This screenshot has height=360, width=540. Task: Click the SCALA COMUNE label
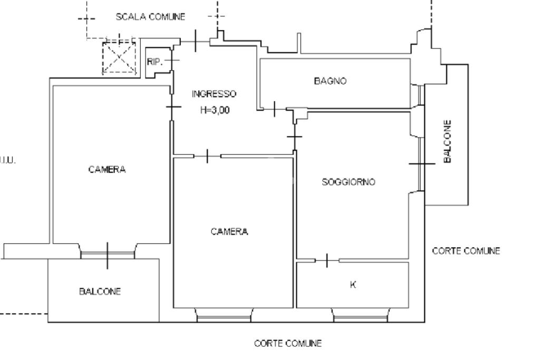pos(150,17)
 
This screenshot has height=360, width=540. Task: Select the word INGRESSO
pos(214,94)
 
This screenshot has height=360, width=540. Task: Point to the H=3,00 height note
pos(215,110)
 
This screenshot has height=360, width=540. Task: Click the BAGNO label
pos(330,81)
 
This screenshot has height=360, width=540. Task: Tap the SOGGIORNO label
pos(349,182)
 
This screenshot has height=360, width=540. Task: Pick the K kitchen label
pos(353,285)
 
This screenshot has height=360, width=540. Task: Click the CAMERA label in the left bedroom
pos(107,169)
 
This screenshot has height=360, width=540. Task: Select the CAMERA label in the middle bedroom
pos(229,231)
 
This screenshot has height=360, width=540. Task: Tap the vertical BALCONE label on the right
pos(447,141)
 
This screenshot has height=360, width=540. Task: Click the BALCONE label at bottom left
pos(100,291)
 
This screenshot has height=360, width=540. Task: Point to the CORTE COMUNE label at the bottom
pos(287,344)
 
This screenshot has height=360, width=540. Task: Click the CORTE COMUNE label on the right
pos(466,251)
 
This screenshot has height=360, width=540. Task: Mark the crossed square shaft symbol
pos(119,58)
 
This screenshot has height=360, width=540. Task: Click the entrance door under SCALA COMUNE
pos(196,41)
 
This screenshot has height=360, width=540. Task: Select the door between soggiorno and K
pos(327,260)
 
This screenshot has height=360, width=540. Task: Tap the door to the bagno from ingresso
pos(275,109)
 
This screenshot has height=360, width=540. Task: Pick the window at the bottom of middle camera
pos(224,316)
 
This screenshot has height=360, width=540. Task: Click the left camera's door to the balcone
pos(108,255)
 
